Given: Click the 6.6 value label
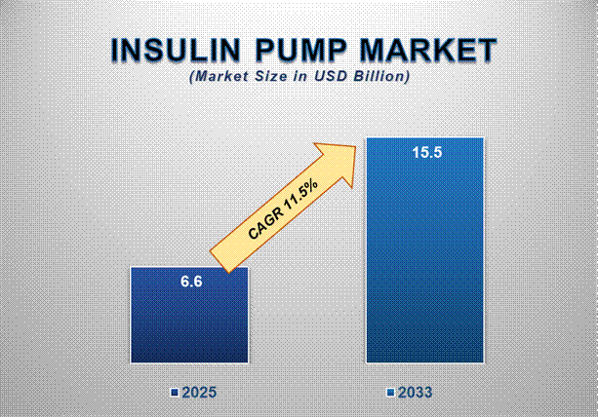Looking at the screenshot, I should coord(190,282).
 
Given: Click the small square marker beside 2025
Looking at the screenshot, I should coord(174,393).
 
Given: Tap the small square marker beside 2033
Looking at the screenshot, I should coord(391,393).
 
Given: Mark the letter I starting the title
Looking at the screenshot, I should coord(115,52).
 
